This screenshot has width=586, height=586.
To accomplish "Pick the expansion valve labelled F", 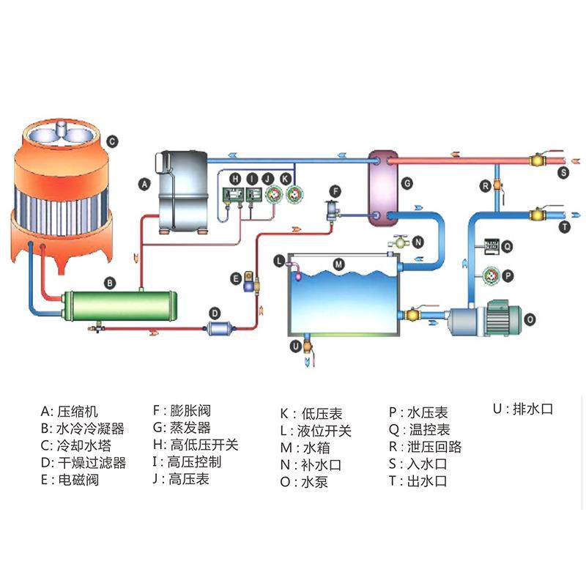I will coord(333,210).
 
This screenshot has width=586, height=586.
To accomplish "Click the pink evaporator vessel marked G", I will coord(379,187).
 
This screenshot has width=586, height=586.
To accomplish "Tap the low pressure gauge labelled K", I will coord(294,195).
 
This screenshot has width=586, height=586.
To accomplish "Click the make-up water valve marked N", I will coord(399,242).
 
